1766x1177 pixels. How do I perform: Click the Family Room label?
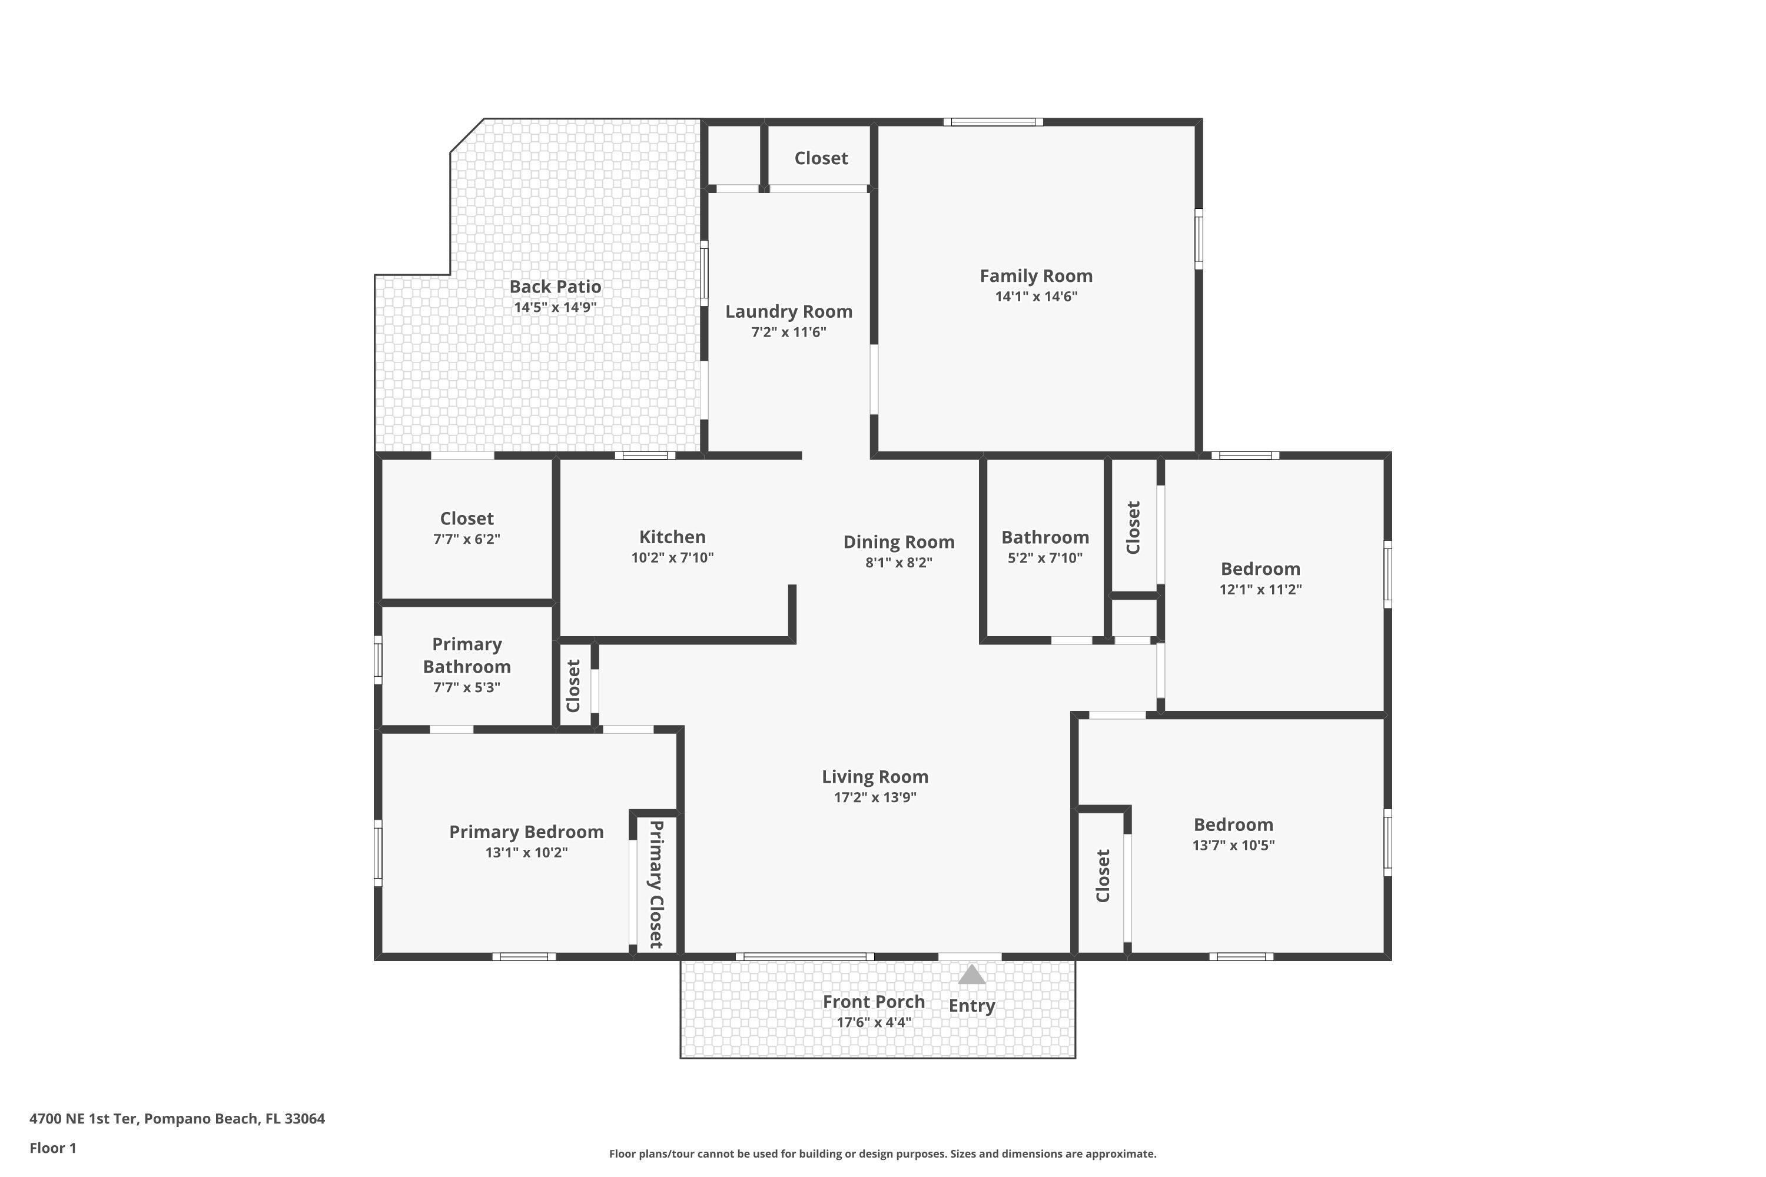click(x=1035, y=276)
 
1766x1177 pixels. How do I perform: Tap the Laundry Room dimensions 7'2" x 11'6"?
click(x=788, y=333)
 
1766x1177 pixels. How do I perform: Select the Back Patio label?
click(x=555, y=287)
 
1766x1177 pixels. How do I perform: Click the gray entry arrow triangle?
click(x=972, y=975)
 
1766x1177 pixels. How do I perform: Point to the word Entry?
click(x=972, y=1006)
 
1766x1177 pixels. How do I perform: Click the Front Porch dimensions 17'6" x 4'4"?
click(x=874, y=1022)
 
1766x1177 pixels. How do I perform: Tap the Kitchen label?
click(x=672, y=537)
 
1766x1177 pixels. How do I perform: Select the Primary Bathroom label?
click(x=466, y=656)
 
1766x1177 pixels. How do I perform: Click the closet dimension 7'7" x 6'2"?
click(x=466, y=539)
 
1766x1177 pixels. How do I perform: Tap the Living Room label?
click(x=875, y=777)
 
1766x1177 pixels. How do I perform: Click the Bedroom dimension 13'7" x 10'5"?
click(x=1233, y=845)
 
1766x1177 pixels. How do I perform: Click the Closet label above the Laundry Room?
click(x=821, y=158)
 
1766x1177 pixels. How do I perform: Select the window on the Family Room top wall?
click(x=992, y=122)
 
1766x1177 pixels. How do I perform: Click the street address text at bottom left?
click(x=177, y=1119)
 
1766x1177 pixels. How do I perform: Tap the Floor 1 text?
click(x=52, y=1148)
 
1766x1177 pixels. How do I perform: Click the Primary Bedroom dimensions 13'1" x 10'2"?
click(x=526, y=853)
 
